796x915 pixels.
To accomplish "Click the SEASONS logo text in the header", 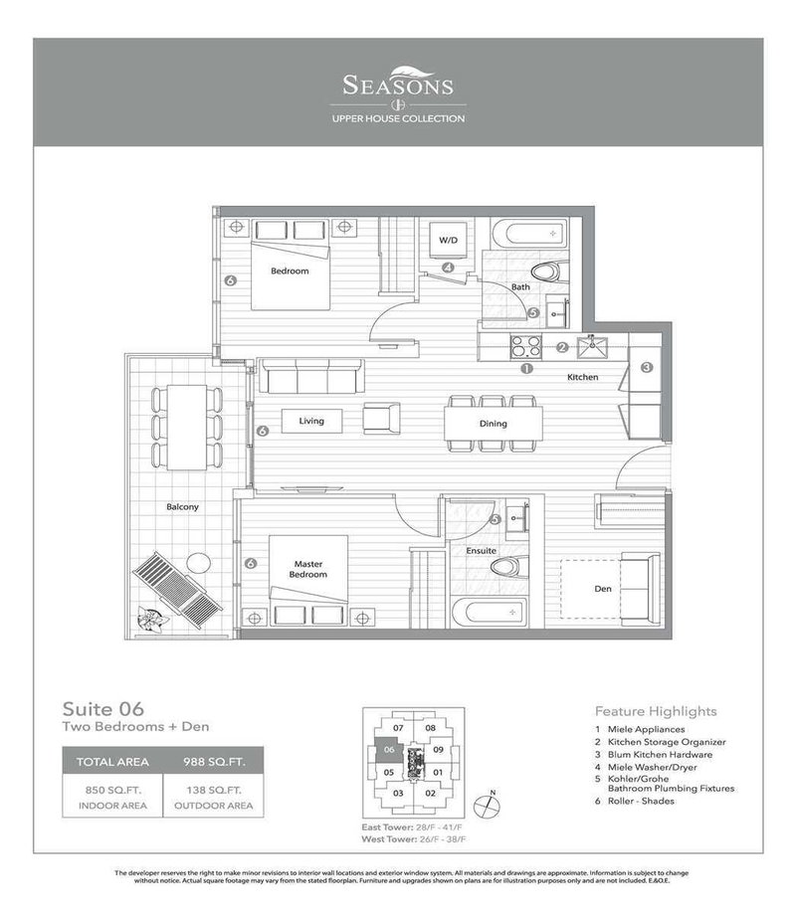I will point(398,86).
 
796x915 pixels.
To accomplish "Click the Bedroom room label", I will point(290,271).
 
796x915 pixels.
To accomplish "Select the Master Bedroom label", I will point(307,570).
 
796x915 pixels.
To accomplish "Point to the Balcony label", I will point(182,507).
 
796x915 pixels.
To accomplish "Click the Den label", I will point(603,589).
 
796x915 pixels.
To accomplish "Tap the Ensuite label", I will point(482,550).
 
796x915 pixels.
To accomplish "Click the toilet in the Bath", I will point(545,271).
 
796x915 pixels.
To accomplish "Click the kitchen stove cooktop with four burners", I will point(525,347).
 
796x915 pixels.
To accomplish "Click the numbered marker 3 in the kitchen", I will point(646,367).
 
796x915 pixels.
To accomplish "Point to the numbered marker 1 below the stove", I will point(527,369).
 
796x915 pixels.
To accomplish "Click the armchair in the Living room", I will point(381,418).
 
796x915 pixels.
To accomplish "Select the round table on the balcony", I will point(197,562).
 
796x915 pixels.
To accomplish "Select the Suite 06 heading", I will point(103,709).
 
